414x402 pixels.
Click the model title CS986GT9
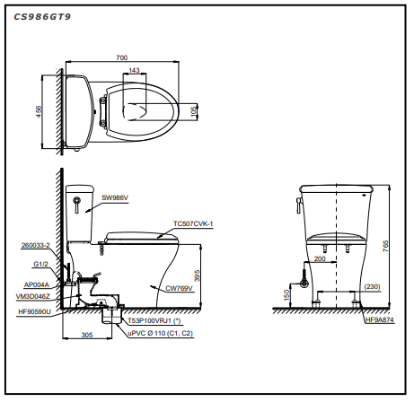click(x=42, y=17)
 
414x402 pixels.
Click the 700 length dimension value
click(x=121, y=57)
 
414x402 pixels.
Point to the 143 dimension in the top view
click(x=134, y=70)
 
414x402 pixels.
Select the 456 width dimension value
click(x=39, y=111)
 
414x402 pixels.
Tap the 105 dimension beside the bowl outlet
click(x=194, y=111)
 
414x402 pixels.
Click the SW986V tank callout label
click(x=115, y=197)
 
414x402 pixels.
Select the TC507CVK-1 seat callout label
click(x=193, y=223)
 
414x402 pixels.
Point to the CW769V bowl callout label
click(x=179, y=288)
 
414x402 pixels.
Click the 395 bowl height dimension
click(x=197, y=275)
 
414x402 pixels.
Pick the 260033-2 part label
click(x=36, y=245)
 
